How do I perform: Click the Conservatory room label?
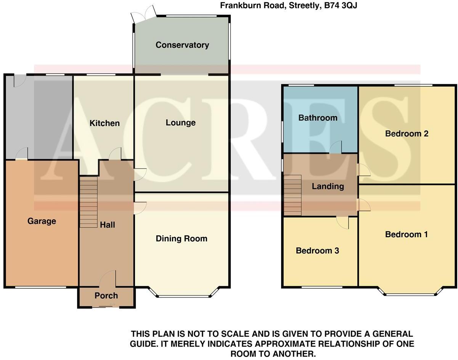(x=182, y=45)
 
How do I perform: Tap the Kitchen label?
(x=104, y=123)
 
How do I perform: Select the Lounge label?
(x=181, y=123)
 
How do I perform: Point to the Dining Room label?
(x=182, y=239)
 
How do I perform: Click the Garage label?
(x=42, y=221)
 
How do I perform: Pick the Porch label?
(x=106, y=296)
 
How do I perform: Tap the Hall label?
(x=108, y=225)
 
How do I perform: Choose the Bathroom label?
(x=318, y=118)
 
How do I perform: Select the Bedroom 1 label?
(x=407, y=235)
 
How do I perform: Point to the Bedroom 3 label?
(x=318, y=251)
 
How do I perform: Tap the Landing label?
(x=328, y=186)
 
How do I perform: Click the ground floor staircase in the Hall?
(x=88, y=202)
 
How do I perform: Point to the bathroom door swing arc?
(x=335, y=147)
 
